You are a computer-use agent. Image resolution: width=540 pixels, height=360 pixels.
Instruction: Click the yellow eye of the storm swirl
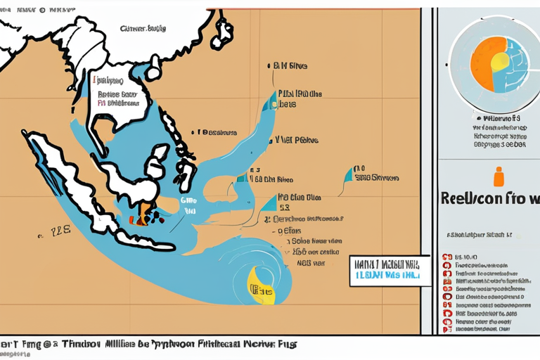coord(259,286)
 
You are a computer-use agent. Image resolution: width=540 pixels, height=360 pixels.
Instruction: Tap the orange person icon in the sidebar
coord(499,176)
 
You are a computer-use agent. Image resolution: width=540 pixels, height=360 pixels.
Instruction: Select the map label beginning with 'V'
coord(295,140)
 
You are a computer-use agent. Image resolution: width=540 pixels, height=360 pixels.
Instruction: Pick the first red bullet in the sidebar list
coord(446,257)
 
